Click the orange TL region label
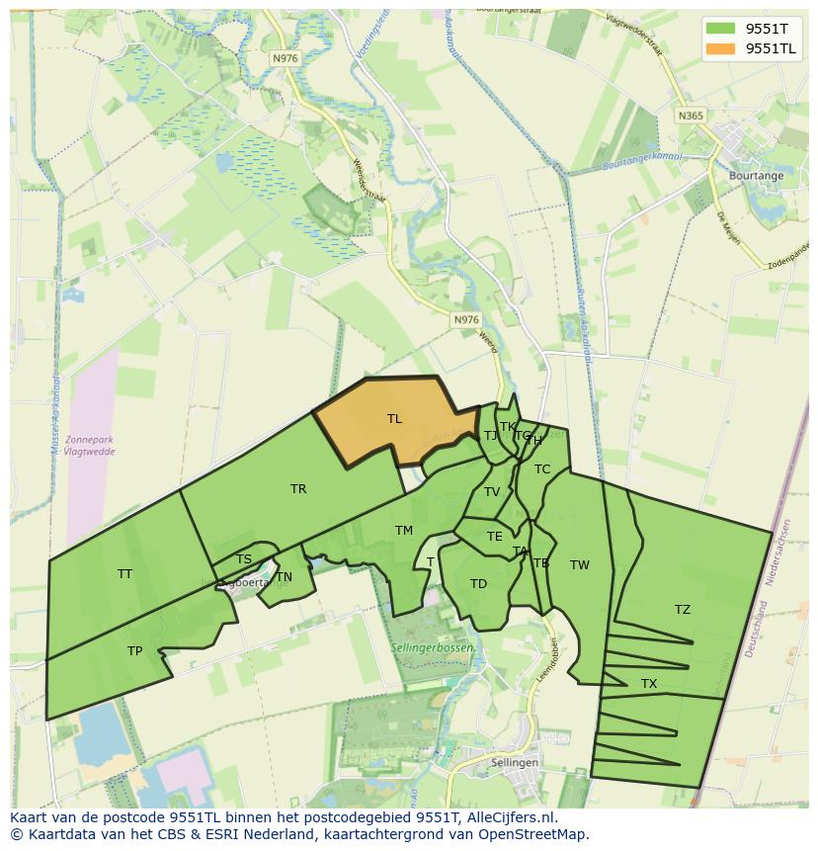(394, 419)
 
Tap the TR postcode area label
(298, 489)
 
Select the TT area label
(124, 574)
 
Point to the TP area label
(134, 651)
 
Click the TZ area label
(683, 610)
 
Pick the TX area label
(649, 684)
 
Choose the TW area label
(580, 565)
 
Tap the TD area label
(478, 584)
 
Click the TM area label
(404, 531)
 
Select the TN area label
(285, 577)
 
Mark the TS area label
(244, 560)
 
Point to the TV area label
(492, 492)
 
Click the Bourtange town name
(756, 176)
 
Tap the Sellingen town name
(515, 763)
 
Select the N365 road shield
(691, 116)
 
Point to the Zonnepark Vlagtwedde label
(89, 445)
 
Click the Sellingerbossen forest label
(432, 647)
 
